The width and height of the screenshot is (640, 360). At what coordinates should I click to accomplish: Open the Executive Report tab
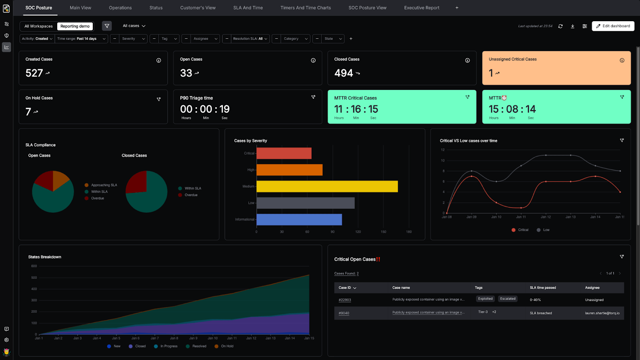[x=422, y=8]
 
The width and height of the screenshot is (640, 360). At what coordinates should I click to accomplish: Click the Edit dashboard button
[x=613, y=26]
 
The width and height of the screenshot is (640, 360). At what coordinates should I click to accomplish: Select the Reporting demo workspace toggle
[x=75, y=26]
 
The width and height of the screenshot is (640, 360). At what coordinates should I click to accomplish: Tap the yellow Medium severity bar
[x=327, y=186]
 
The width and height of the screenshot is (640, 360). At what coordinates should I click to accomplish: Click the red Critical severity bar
[x=284, y=153]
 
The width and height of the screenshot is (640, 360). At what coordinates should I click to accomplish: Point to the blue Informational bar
[x=299, y=220]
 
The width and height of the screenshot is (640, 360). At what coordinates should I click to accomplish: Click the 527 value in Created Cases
[x=34, y=73]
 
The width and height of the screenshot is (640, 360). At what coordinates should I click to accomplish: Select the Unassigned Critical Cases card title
[x=512, y=59]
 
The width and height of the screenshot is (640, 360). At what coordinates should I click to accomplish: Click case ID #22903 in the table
[x=344, y=300]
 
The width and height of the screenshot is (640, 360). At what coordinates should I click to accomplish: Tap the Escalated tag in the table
[x=508, y=299]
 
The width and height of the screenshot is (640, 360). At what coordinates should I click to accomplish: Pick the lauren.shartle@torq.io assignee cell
[x=602, y=313]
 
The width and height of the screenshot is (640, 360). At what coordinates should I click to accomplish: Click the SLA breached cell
[x=541, y=313]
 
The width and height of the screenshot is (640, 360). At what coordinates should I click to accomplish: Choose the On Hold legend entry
[x=227, y=346]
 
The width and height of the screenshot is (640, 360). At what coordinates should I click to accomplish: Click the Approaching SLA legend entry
[x=104, y=185]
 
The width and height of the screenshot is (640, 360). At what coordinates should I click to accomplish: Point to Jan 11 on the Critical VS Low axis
[x=521, y=217]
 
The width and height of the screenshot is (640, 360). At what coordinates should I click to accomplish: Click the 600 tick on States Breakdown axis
[x=34, y=266]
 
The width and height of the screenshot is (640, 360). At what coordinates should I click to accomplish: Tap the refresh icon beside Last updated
[x=560, y=26]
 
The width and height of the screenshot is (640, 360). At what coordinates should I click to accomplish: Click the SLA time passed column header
[x=543, y=288]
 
